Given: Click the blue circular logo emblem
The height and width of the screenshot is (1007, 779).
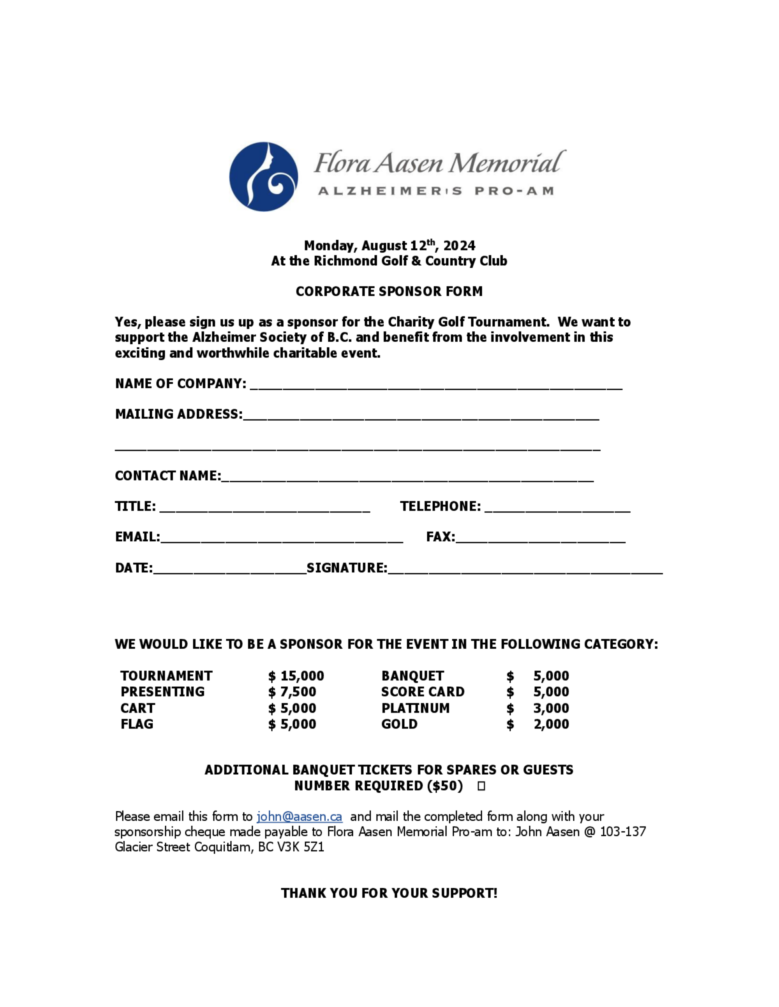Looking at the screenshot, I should click(264, 177).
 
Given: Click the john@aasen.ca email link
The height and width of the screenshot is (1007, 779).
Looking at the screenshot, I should click(300, 817).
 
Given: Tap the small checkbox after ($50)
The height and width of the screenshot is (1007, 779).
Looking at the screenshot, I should click(481, 786).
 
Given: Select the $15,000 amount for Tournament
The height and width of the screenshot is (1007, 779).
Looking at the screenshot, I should click(296, 676).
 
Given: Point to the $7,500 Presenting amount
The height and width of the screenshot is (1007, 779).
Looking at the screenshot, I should click(292, 691).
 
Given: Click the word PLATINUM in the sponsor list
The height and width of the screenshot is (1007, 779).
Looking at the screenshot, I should click(415, 708).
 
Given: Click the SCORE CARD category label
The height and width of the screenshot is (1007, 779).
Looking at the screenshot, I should click(423, 691).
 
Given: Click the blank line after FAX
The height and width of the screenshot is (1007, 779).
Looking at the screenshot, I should click(540, 539).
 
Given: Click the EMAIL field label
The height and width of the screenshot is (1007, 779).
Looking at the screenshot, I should click(137, 537).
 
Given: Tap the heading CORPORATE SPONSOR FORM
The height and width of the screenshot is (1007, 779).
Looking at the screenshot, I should click(389, 291).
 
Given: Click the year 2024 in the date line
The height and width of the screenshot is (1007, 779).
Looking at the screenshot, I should click(459, 246).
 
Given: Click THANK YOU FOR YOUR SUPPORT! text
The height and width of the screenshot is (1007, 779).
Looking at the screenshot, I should click(389, 893).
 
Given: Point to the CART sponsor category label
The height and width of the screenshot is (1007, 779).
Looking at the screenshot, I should click(137, 708).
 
